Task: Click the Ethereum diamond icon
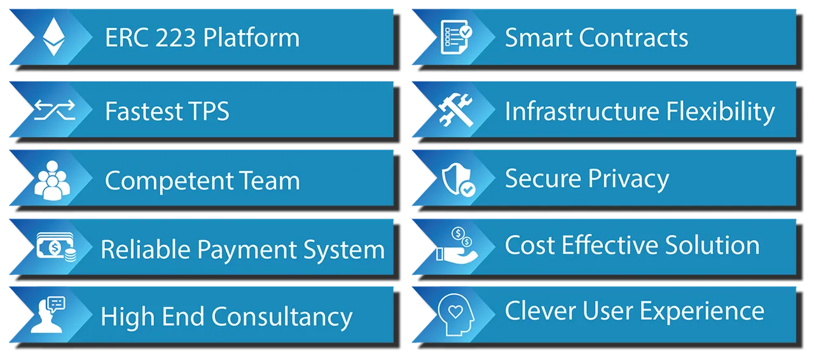(54, 37)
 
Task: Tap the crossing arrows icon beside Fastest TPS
(55, 110)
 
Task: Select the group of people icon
(52, 181)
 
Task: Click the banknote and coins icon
(57, 247)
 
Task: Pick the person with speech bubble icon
(48, 315)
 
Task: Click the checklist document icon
(456, 37)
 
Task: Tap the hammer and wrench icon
(456, 110)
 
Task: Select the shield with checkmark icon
(459, 179)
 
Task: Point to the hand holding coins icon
(457, 245)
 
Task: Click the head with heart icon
(456, 314)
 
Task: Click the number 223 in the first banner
(176, 38)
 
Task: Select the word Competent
(169, 181)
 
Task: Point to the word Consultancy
(282, 317)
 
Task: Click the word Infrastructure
(582, 111)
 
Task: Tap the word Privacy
(629, 179)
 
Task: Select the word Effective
(610, 245)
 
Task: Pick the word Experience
(702, 312)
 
